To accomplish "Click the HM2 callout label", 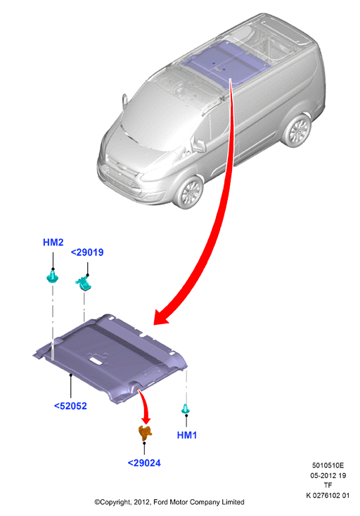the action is [53, 243].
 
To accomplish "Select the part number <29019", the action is [87, 252].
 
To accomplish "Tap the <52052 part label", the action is [70, 406].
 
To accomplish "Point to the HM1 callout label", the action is [187, 435].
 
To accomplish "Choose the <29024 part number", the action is [144, 463].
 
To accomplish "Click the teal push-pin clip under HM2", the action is [53, 276].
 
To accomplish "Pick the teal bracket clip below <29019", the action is [84, 284].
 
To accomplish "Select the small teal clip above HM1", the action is [186, 409].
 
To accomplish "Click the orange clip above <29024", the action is [144, 433].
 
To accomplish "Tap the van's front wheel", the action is [189, 193].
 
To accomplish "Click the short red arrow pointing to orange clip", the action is [145, 406].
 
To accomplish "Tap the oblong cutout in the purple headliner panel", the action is [96, 361].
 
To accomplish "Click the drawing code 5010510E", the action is [328, 465].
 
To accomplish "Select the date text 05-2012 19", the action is [328, 475].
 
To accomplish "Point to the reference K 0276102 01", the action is [328, 496].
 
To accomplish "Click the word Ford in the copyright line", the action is [160, 502].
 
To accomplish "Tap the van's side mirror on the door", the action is [200, 145].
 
